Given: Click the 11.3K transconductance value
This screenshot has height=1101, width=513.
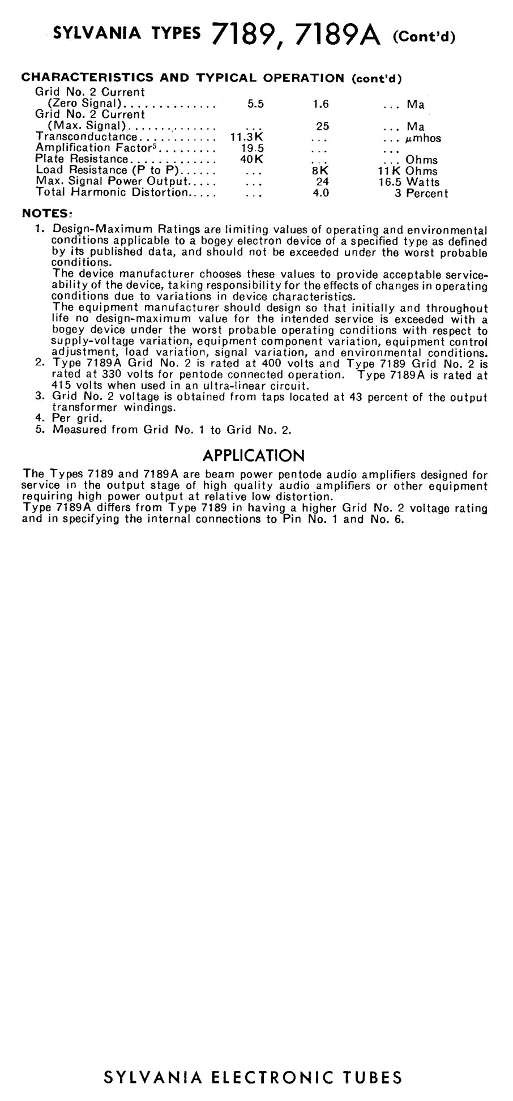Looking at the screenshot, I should [247, 138].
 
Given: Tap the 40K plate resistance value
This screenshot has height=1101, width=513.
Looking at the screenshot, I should [252, 160].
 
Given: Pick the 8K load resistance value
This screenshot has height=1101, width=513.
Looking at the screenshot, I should [320, 170].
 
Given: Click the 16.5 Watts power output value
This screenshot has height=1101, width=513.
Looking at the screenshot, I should [409, 182].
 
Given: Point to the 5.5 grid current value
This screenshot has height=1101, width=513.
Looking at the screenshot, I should [256, 104].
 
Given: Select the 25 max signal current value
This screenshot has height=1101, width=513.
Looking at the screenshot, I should [322, 126].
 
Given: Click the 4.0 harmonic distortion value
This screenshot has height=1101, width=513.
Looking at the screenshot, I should [321, 193].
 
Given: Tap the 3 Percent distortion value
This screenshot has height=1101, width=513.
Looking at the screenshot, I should [421, 194].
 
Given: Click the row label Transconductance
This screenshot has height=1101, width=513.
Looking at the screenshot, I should [86, 137].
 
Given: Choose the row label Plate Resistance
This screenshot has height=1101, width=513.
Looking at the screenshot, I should [82, 160].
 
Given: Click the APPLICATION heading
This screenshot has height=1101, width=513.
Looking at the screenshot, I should [253, 455].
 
